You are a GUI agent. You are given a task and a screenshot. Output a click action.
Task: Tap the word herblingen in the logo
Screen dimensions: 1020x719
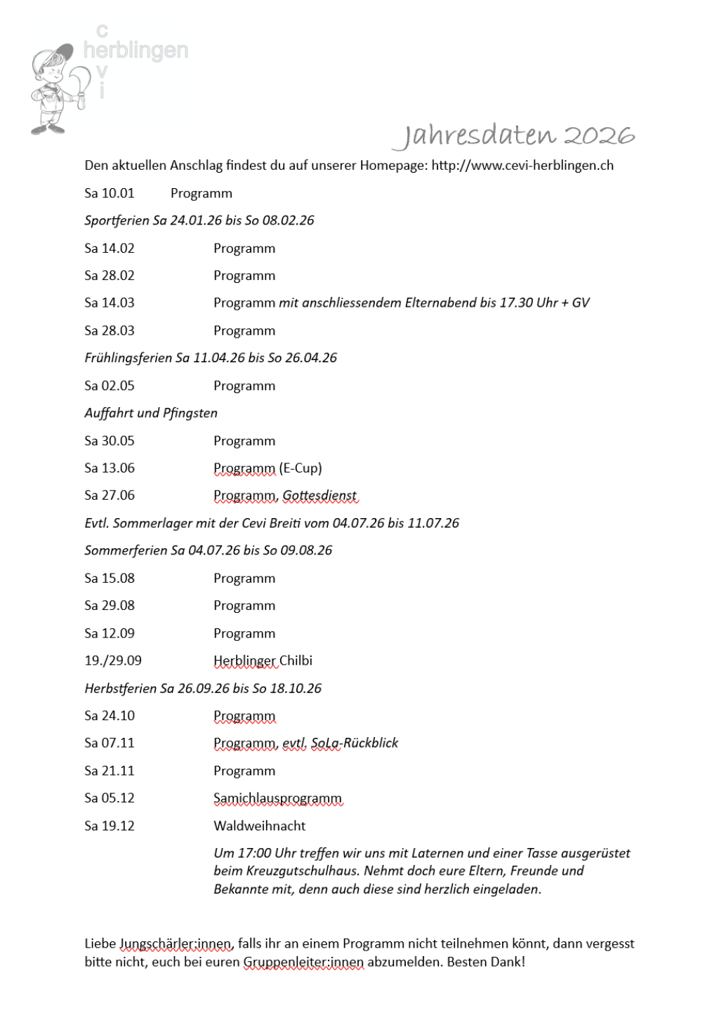136,51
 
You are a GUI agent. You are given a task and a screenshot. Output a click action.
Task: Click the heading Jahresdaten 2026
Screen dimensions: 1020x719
514,135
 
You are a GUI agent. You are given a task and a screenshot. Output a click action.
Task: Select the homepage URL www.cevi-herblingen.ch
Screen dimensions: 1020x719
522,166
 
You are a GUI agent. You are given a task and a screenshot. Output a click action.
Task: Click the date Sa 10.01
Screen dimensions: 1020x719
110,193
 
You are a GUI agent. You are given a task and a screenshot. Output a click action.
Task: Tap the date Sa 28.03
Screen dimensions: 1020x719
110,331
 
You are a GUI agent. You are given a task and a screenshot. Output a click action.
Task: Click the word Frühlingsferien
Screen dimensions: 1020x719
128,358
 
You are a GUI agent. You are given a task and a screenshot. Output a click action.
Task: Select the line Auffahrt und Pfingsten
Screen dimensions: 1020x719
151,413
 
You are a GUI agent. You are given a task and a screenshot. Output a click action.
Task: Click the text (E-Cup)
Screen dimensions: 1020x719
301,468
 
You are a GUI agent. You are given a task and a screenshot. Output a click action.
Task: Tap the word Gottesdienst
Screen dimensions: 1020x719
320,496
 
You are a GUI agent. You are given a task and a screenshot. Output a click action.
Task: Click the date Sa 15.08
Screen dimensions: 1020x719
110,578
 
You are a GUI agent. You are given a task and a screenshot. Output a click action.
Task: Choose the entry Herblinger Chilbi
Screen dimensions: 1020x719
263,661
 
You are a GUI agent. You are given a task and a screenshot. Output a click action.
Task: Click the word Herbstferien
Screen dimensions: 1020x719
120,689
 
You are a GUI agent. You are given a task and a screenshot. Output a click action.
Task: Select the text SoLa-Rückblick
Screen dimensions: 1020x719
355,743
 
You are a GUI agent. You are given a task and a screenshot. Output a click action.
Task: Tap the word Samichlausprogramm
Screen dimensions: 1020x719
277,798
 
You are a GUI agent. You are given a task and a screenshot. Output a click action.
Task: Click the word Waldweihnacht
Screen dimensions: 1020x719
260,826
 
